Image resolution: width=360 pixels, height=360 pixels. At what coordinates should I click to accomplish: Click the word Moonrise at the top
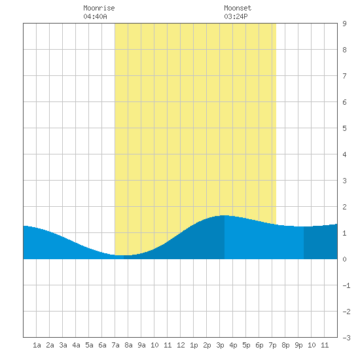pos(99,8)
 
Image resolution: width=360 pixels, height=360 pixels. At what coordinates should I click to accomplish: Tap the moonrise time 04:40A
pos(95,16)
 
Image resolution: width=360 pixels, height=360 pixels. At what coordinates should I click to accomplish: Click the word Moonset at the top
pos(238,8)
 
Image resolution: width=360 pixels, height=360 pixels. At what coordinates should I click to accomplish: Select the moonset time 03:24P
pos(236,16)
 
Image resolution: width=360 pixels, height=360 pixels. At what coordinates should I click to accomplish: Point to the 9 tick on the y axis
pos(344,24)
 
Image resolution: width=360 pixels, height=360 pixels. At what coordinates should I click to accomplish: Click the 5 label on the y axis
pos(344,128)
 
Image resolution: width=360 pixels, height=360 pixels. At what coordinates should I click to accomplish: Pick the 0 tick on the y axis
pos(344,259)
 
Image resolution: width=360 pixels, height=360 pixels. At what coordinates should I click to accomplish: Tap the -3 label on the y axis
pos(346,338)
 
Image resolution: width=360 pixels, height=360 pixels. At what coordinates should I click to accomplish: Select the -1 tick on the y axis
pos(346,285)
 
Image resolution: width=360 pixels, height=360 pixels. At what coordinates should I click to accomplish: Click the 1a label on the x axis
pos(37,345)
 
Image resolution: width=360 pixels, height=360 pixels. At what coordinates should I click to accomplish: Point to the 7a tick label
pos(115,345)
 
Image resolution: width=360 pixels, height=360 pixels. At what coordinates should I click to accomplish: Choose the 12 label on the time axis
pos(181,345)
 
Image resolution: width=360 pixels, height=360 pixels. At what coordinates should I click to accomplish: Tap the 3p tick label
pos(220,345)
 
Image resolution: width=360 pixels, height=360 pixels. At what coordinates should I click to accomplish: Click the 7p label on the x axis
pos(272,345)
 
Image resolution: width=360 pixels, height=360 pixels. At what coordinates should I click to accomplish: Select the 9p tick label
pos(298,345)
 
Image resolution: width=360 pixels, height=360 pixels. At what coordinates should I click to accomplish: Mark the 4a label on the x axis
pos(76,345)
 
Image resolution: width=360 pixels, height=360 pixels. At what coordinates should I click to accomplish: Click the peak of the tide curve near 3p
pos(225,215)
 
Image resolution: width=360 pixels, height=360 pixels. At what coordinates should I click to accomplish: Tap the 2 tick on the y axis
pos(344,207)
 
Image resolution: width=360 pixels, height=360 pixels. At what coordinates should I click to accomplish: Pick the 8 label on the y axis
pos(344,50)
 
